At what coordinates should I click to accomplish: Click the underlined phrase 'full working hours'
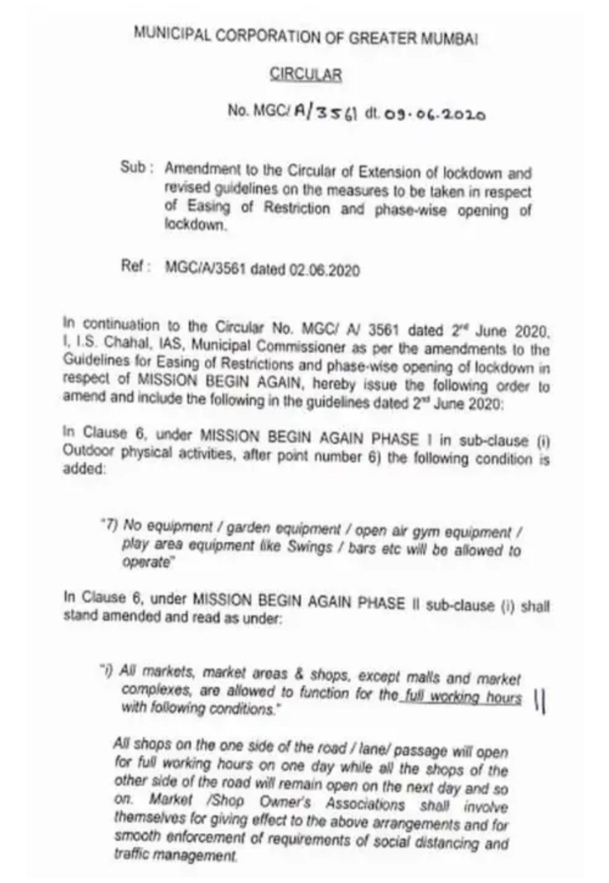460,697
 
